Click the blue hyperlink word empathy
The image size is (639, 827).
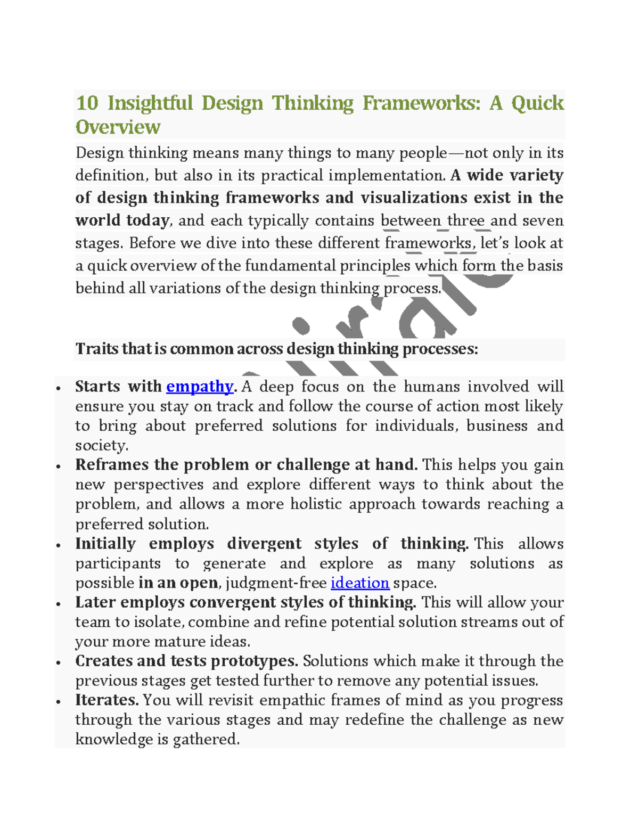(x=200, y=387)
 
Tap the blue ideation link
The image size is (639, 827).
(x=360, y=583)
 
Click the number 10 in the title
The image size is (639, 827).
(x=87, y=103)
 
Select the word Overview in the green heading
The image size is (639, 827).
(x=118, y=127)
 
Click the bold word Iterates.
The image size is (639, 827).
(x=106, y=700)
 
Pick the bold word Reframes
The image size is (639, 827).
(x=111, y=465)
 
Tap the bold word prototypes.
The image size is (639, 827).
(x=255, y=661)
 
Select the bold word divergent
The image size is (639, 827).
(x=264, y=544)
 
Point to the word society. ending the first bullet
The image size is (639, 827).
(x=102, y=445)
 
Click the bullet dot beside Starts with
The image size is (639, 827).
(x=58, y=388)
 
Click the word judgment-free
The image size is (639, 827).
(x=276, y=583)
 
